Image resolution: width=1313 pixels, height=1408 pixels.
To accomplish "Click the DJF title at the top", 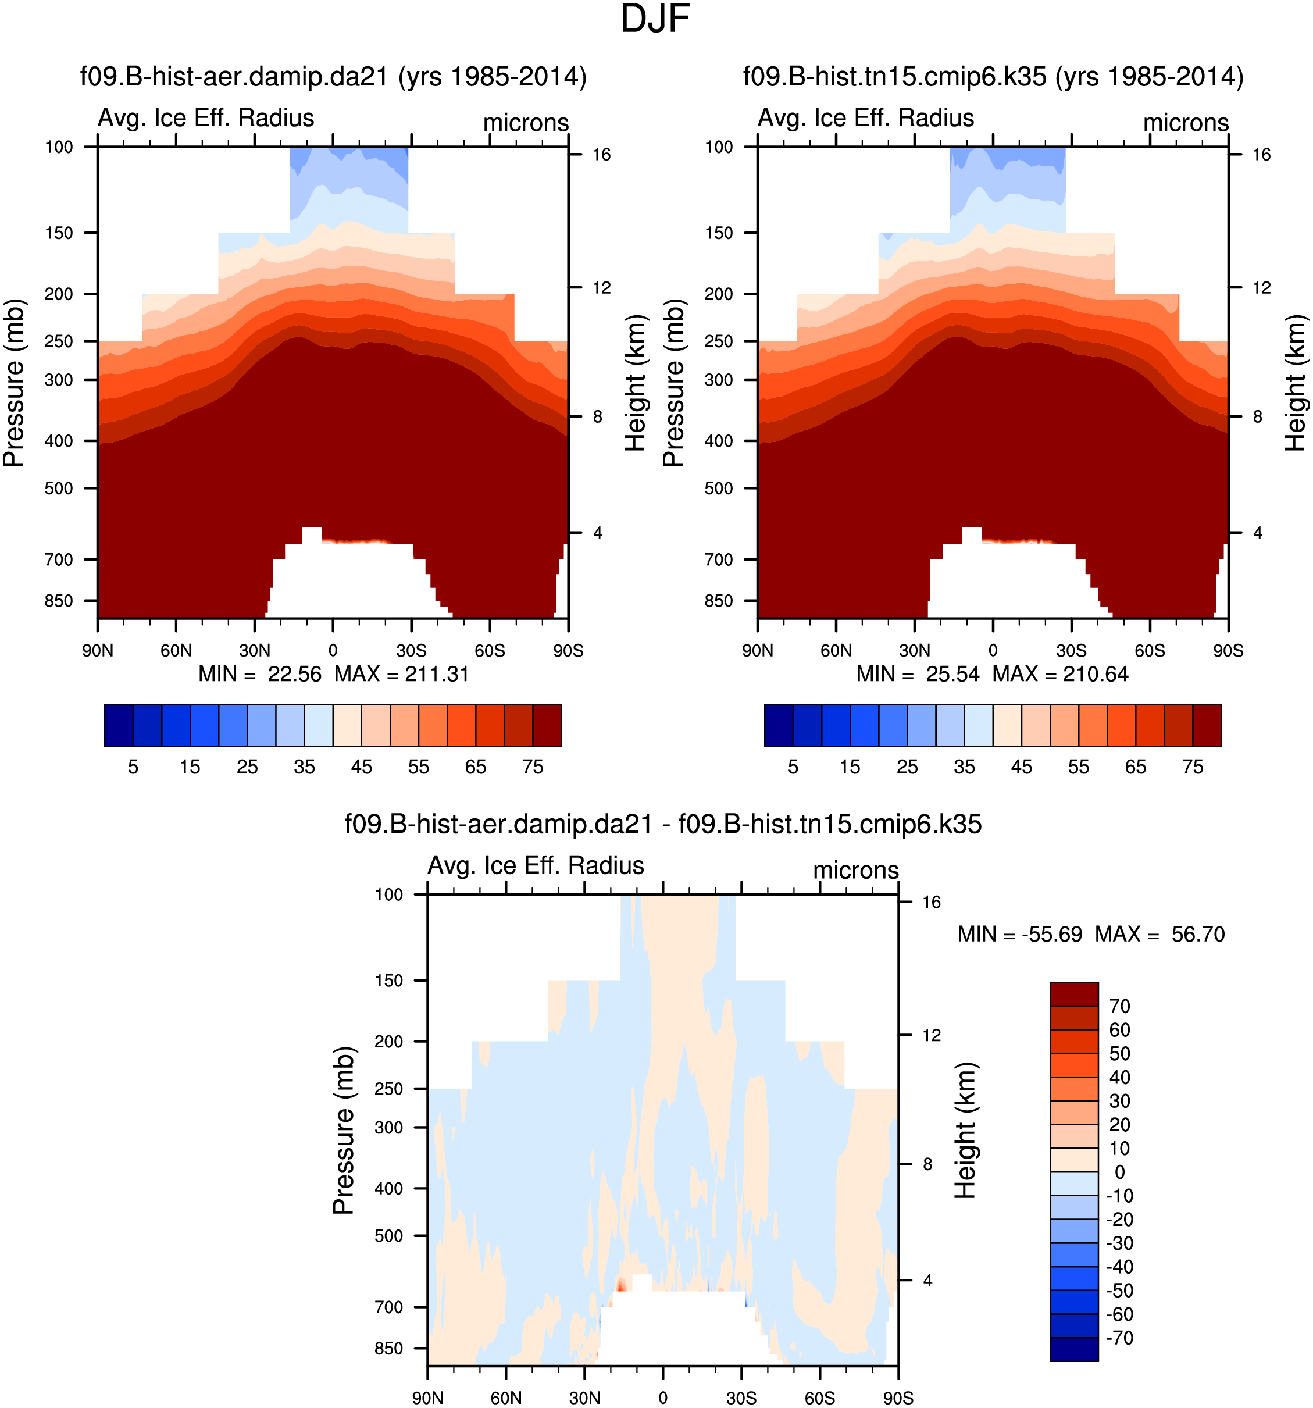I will (x=655, y=19).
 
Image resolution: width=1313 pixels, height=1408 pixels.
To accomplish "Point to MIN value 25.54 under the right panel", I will (x=952, y=673).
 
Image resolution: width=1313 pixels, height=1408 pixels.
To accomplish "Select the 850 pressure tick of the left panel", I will (x=59, y=601).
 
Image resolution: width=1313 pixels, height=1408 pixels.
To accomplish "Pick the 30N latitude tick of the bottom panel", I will (x=584, y=1398).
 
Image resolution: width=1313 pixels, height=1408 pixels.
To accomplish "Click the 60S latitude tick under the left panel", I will (x=490, y=650).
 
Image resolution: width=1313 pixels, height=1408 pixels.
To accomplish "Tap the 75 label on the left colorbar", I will (x=533, y=767).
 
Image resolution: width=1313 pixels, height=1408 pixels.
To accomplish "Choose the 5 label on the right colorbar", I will (x=793, y=767).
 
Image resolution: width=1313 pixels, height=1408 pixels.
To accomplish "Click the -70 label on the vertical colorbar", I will (x=1120, y=1338).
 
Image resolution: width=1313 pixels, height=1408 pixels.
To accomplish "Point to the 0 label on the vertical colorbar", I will (x=1120, y=1172).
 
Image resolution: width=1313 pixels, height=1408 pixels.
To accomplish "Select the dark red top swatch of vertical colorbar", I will (x=1073, y=994).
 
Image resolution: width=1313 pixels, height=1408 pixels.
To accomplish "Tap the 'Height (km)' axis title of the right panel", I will (x=1296, y=383).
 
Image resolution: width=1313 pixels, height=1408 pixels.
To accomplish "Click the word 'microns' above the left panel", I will (x=526, y=123).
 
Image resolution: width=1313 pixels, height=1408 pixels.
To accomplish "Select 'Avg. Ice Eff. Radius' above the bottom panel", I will (x=536, y=865).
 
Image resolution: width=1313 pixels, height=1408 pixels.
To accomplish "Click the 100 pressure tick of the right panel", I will (x=719, y=147).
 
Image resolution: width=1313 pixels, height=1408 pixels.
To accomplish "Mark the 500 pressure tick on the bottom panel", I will (x=389, y=1235).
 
